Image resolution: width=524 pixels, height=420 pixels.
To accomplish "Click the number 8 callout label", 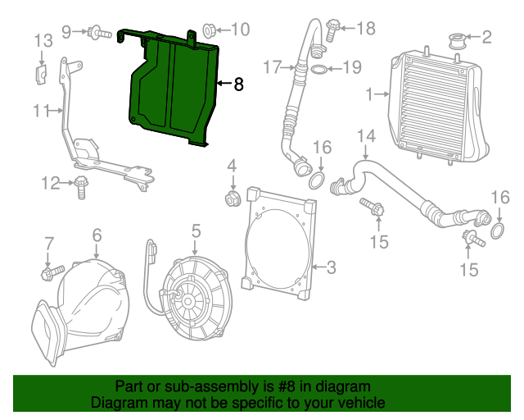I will (238, 84).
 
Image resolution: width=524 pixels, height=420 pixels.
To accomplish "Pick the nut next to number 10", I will (208, 31).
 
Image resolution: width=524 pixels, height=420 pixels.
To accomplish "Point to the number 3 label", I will (331, 267).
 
